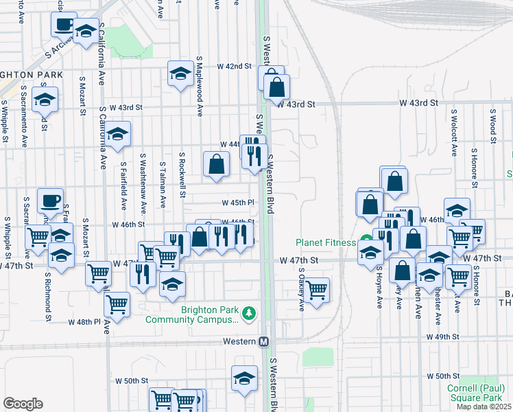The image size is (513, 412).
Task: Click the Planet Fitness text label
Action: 326,242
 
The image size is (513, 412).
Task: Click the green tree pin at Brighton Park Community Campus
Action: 250,314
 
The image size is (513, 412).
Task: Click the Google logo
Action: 23,404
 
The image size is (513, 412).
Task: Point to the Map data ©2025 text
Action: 484,407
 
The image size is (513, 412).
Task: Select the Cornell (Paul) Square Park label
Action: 475,393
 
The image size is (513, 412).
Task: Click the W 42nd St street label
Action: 235,66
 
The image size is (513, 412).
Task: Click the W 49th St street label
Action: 442,337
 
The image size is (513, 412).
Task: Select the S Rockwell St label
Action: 182,174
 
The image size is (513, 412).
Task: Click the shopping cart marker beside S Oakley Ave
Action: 317,290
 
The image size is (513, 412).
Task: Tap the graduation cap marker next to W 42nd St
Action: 180,73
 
